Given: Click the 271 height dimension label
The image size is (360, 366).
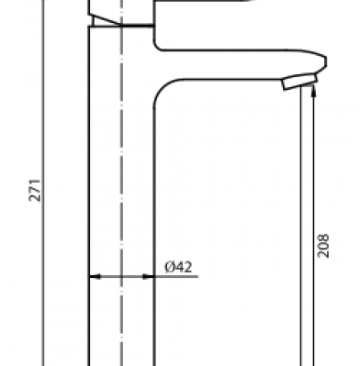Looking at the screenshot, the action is point(35,190).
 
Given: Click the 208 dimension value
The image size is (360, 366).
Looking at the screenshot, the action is point(323,246).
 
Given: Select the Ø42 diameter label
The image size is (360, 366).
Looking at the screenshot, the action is point(178,267).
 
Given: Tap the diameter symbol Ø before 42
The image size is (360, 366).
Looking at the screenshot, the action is point(169,267).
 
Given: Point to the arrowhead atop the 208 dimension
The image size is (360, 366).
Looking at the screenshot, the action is point(313,90).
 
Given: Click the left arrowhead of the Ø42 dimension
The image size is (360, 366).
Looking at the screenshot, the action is point(95,277).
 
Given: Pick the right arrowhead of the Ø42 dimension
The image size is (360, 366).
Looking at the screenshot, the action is point(148,277).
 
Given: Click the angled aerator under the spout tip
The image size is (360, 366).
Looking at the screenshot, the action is point(300,82).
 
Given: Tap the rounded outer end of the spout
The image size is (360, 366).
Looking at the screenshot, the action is point(324,61).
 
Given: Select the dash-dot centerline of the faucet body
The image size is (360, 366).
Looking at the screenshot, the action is point(121,183).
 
